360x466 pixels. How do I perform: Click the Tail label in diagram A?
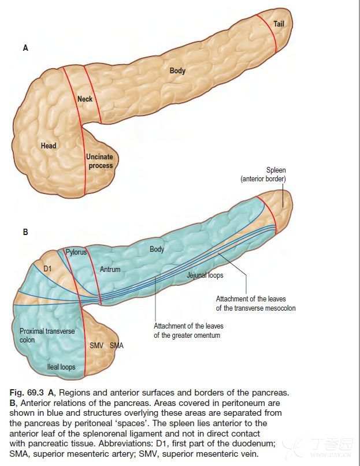coord(279,24)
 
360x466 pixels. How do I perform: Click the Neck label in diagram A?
coord(85,99)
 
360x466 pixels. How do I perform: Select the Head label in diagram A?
coord(49,146)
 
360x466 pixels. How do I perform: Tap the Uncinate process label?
coord(99,161)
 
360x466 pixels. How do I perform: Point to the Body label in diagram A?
coord(177,71)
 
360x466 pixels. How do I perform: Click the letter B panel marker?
coord(25,233)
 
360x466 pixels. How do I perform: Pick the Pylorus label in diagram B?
coord(76,252)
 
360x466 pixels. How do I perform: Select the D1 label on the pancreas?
coord(48,269)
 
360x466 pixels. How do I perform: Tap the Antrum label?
coord(110,269)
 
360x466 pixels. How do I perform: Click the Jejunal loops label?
coord(205,275)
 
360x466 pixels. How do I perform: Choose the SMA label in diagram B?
coord(117,345)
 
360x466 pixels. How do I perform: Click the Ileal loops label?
coord(61,367)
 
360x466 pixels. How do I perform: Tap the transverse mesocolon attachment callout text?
coord(255,303)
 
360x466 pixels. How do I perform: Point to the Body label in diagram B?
coord(157,249)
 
